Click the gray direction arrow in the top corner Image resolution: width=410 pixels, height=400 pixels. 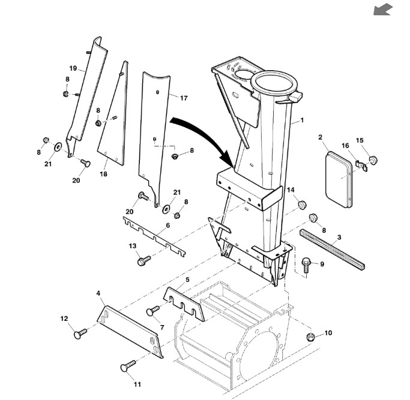tap(383, 10)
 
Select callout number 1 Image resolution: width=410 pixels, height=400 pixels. tap(303, 121)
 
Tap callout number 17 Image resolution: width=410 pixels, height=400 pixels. tap(184, 98)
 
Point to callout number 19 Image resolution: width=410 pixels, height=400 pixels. tap(73, 68)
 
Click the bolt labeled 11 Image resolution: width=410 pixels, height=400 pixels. tap(128, 365)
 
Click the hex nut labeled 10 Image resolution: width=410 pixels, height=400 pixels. tap(310, 336)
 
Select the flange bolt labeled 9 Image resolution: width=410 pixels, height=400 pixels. tap(306, 266)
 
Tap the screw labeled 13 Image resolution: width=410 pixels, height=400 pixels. tap(144, 260)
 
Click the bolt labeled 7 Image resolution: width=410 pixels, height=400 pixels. tap(153, 311)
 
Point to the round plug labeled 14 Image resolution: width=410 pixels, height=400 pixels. tap(303, 204)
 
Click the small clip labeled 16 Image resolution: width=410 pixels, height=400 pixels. tap(362, 165)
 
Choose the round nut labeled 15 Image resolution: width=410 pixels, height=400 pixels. tap(373, 160)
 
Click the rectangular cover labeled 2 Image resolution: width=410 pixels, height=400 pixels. tap(339, 179)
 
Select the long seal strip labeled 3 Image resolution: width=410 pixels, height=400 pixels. tap(333, 248)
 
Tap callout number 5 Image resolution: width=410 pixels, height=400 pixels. tap(187, 280)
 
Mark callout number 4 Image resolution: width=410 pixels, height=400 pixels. tap(98, 293)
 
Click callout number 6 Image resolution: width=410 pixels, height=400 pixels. tap(167, 225)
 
